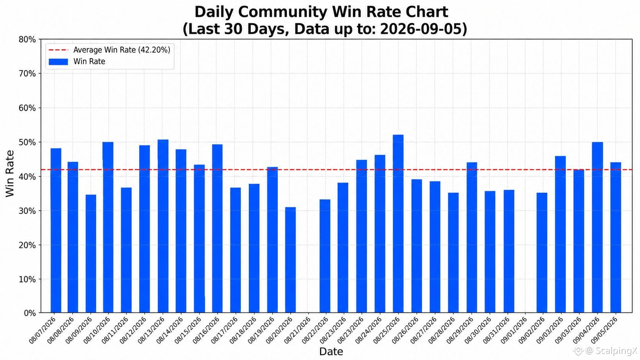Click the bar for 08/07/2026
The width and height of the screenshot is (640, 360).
[56, 230]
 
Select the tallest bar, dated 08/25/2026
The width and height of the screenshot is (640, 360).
[398, 223]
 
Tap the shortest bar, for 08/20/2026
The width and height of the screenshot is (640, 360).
[290, 260]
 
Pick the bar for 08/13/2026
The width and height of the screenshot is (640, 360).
[163, 226]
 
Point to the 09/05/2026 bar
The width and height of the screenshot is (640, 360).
[616, 238]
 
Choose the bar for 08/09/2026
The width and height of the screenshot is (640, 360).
[91, 254]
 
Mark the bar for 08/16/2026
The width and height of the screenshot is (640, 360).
[217, 228]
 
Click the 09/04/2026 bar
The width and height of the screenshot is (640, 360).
[598, 227]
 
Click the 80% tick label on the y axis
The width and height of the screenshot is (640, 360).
[27, 39]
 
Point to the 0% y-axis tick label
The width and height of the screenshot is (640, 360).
[30, 313]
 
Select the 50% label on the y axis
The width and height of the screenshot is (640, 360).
[27, 142]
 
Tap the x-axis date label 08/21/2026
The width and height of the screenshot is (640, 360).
[297, 330]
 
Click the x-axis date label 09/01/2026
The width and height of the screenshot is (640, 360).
[513, 330]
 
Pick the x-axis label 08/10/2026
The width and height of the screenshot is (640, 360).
[96, 330]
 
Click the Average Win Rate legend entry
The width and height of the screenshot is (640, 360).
[109, 50]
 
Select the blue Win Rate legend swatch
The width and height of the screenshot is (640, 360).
[58, 62]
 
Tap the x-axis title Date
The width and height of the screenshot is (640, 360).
[331, 352]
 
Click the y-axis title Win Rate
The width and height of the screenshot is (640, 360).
[10, 174]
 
